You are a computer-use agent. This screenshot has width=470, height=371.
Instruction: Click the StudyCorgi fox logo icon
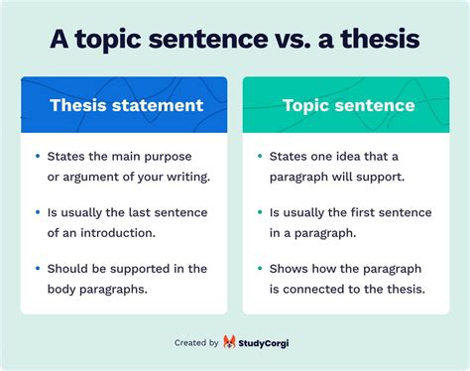coord(231,342)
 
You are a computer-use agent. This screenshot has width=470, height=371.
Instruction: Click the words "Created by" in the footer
coord(196,342)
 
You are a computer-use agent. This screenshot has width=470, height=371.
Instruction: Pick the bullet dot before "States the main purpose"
coord(38,157)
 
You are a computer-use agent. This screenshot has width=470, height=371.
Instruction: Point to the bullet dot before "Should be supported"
coord(38,269)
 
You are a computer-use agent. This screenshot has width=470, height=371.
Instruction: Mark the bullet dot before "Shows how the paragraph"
coord(260,269)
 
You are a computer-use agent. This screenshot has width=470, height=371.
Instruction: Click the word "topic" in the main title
coord(119,39)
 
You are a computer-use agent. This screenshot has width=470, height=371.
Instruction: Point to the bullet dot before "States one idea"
coord(260,157)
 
